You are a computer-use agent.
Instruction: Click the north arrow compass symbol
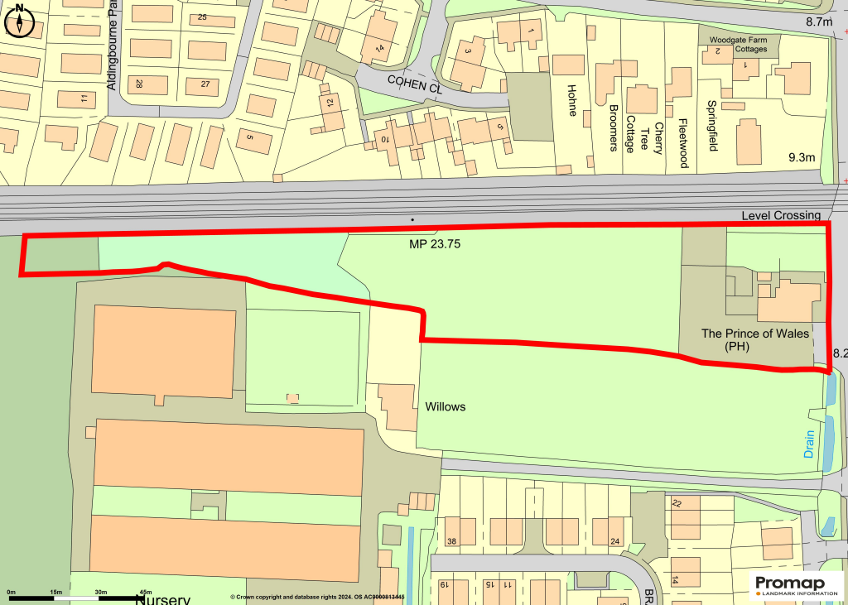click(19, 21)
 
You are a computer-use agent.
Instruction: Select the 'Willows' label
click(446, 407)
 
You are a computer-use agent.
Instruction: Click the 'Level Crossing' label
click(781, 216)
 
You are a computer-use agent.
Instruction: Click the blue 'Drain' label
click(809, 444)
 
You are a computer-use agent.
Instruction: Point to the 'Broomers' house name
click(614, 128)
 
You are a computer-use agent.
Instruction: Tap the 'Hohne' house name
click(571, 100)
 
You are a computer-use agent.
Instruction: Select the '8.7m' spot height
click(818, 22)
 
